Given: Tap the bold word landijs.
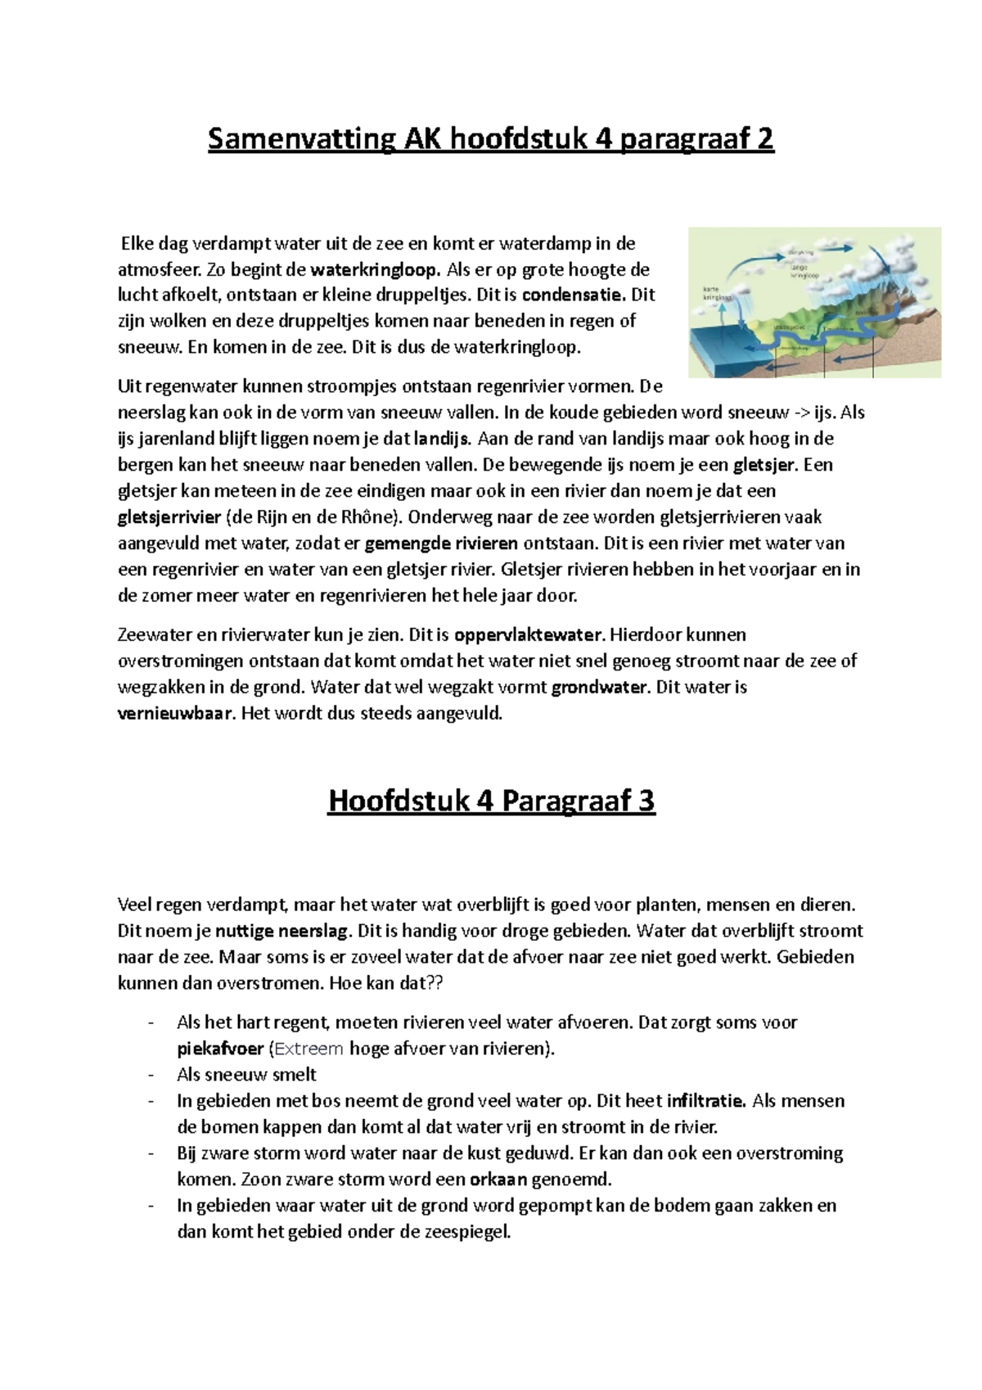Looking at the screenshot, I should click(442, 439).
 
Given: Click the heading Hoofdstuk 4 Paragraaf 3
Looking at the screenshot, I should click(491, 801).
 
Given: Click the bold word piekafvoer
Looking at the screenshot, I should click(219, 1049).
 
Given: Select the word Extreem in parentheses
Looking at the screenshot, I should click(309, 1049).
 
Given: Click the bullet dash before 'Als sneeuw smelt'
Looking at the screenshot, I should click(150, 1075).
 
